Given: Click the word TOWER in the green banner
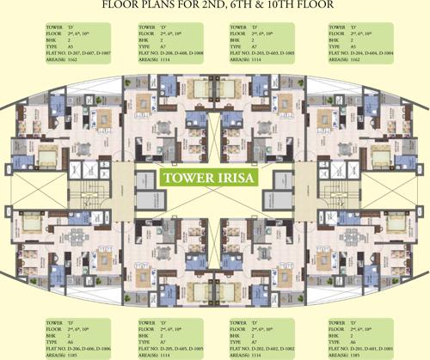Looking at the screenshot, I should point(189,181).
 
